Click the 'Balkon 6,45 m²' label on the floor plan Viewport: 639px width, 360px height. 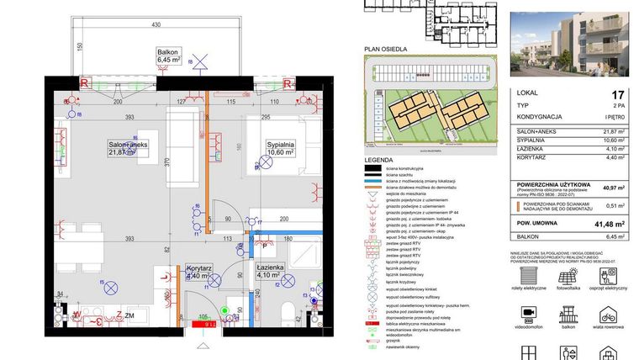(x=169, y=56)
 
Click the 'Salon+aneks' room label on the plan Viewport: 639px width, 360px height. (x=128, y=148)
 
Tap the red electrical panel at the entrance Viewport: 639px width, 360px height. (x=204, y=320)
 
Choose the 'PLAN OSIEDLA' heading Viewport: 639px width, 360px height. (x=383, y=50)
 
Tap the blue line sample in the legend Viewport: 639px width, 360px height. (x=372, y=182)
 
